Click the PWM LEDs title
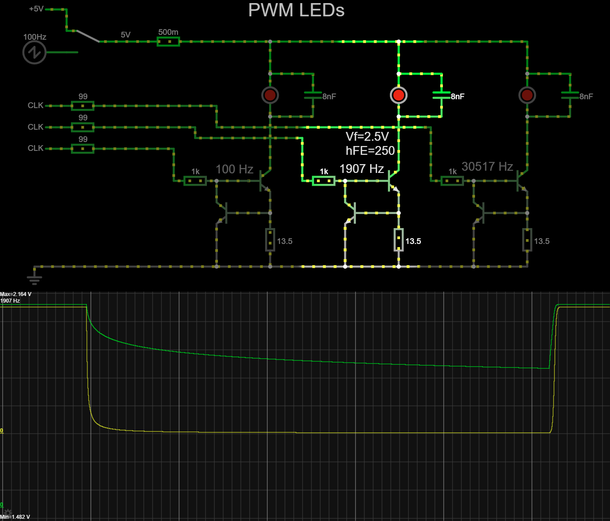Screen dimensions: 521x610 point(296,10)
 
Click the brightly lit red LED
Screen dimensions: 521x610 point(398,95)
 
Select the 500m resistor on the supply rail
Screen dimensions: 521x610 point(168,41)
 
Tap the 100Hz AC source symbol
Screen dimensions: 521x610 point(34,52)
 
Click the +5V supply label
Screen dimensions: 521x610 point(36,9)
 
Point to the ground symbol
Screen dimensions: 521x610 point(34,279)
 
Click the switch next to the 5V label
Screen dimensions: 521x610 point(87,36)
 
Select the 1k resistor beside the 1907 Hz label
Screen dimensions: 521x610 point(324,180)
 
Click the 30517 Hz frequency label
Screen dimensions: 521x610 point(487,166)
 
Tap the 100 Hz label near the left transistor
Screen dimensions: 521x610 point(234,169)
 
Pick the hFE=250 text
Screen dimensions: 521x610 point(370,151)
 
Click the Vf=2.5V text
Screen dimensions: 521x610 point(367,136)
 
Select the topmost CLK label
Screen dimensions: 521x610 point(35,105)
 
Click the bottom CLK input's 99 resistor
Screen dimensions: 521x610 point(82,149)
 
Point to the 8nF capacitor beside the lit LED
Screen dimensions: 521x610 point(442,95)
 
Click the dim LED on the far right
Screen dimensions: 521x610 point(527,95)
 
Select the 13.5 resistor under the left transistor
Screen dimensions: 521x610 point(270,240)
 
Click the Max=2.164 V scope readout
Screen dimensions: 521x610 point(16,294)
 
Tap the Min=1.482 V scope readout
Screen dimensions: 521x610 point(15,517)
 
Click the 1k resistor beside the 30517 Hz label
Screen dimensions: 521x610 point(452,180)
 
